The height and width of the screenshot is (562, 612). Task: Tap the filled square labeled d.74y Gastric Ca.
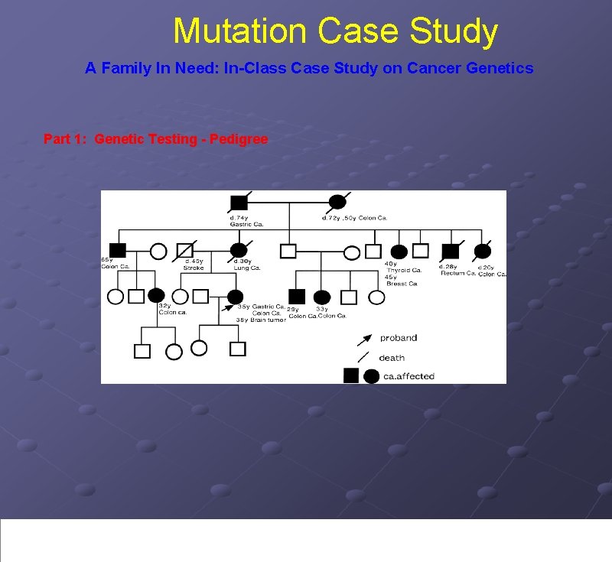239,203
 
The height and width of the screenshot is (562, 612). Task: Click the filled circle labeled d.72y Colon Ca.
337,203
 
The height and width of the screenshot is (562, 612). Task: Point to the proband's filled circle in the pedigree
236,296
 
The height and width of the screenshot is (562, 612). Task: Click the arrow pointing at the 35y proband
226,307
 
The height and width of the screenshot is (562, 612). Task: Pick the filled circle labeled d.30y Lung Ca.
239,250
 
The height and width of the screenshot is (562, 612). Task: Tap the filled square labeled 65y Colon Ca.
117,249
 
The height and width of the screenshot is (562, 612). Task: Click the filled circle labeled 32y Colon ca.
156,295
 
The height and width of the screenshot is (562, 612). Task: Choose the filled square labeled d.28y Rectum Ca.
451,250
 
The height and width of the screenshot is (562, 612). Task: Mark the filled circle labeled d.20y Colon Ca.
483,250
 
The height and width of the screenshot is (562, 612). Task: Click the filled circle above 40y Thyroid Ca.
399,251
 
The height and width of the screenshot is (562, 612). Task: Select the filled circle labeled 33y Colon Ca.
322,297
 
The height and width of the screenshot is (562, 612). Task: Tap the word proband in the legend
399,338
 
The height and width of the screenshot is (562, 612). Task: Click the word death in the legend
392,358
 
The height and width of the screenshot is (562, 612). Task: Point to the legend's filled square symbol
352,375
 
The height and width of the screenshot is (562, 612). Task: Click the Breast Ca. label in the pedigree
402,284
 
